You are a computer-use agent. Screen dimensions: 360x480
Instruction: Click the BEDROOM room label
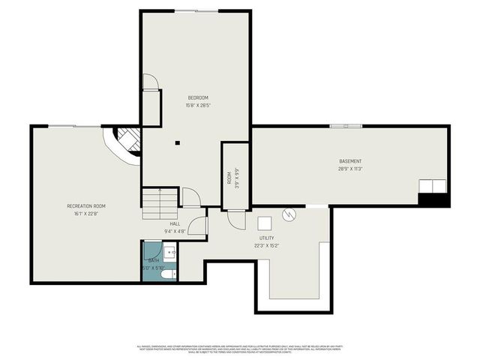pos(197,98)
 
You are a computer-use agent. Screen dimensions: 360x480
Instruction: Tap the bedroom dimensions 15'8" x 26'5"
pos(197,106)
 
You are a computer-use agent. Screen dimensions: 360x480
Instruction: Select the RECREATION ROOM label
pos(86,205)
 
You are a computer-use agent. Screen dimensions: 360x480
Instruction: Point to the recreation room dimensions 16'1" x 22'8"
pos(86,214)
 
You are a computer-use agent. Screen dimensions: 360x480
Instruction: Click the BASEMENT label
pos(350,161)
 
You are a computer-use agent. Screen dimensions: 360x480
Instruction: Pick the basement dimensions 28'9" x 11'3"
pos(350,169)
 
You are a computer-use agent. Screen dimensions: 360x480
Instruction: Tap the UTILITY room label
pos(266,238)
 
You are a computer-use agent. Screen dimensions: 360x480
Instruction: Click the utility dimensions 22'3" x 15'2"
pos(266,245)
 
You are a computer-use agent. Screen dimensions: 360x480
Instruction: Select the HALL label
pos(174,223)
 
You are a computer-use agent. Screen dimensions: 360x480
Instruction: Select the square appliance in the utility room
pos(265,223)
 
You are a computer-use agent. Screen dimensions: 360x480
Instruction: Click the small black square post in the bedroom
pos(178,142)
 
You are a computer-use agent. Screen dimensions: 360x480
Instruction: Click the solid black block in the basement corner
pos(433,200)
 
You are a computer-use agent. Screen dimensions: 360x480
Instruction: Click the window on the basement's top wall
pos(345,126)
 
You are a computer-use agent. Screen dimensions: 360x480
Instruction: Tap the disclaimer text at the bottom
pos(240,349)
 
